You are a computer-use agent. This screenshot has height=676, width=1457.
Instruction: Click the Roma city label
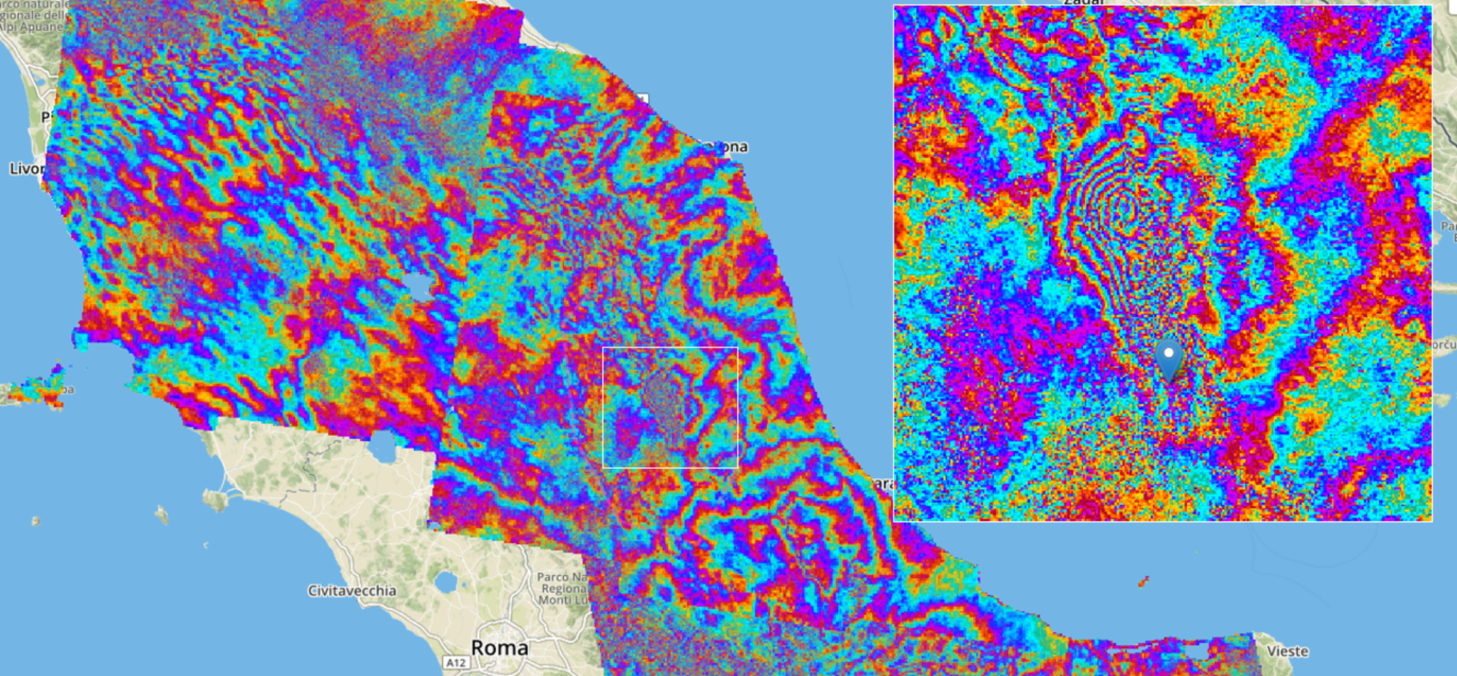pyautogui.click(x=499, y=648)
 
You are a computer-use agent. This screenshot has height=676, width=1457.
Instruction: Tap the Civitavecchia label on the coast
pyautogui.click(x=352, y=591)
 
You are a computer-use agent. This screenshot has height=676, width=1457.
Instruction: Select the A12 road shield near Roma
pyautogui.click(x=456, y=663)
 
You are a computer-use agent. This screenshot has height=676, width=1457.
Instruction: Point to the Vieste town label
pyautogui.click(x=1287, y=652)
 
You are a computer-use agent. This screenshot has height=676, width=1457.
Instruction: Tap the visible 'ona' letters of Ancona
pyautogui.click(x=732, y=147)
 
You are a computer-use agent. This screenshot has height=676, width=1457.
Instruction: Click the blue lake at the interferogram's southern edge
pyautogui.click(x=382, y=448)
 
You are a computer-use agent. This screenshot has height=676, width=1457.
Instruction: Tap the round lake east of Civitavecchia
pyautogui.click(x=446, y=582)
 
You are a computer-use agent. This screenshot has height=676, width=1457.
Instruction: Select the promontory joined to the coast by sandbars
pyautogui.click(x=216, y=499)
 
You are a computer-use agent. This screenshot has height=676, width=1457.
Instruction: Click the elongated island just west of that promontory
pyautogui.click(x=162, y=515)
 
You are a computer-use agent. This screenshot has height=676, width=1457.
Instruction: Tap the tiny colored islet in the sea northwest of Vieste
pyautogui.click(x=1143, y=581)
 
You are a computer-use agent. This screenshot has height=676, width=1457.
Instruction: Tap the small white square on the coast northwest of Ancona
pyautogui.click(x=643, y=99)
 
